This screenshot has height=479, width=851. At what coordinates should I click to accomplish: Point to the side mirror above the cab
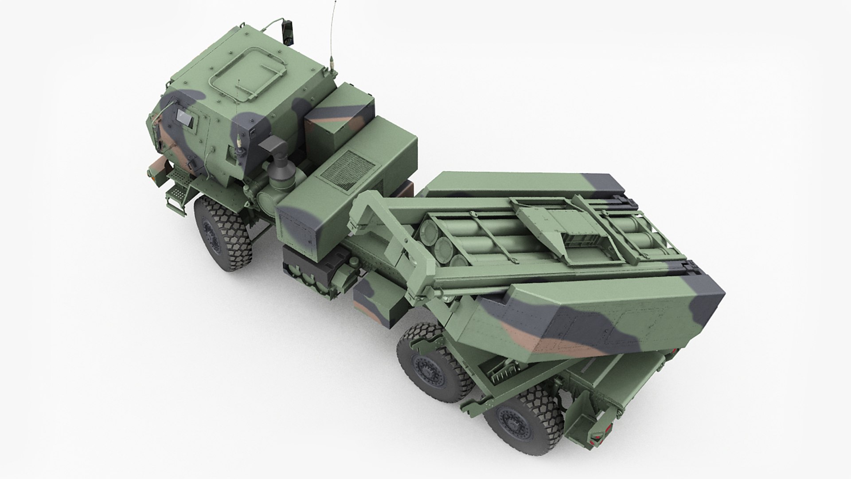(288, 33)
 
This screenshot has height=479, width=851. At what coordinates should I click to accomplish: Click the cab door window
(185, 118)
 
